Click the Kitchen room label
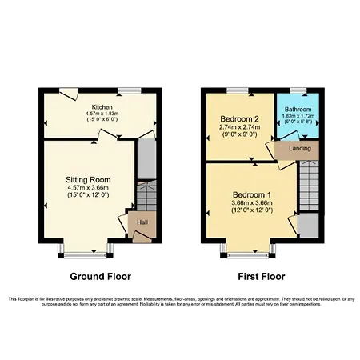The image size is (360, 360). click(102, 106)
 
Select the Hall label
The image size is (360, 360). click(142, 222)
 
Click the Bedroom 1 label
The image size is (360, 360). click(252, 195)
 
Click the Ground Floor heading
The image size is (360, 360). click(101, 277)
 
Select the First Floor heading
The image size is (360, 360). click(256, 277)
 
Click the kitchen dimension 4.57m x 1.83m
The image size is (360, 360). click(102, 114)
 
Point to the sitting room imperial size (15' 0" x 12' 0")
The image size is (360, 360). click(88, 194)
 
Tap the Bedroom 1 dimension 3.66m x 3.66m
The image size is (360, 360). click(252, 203)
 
